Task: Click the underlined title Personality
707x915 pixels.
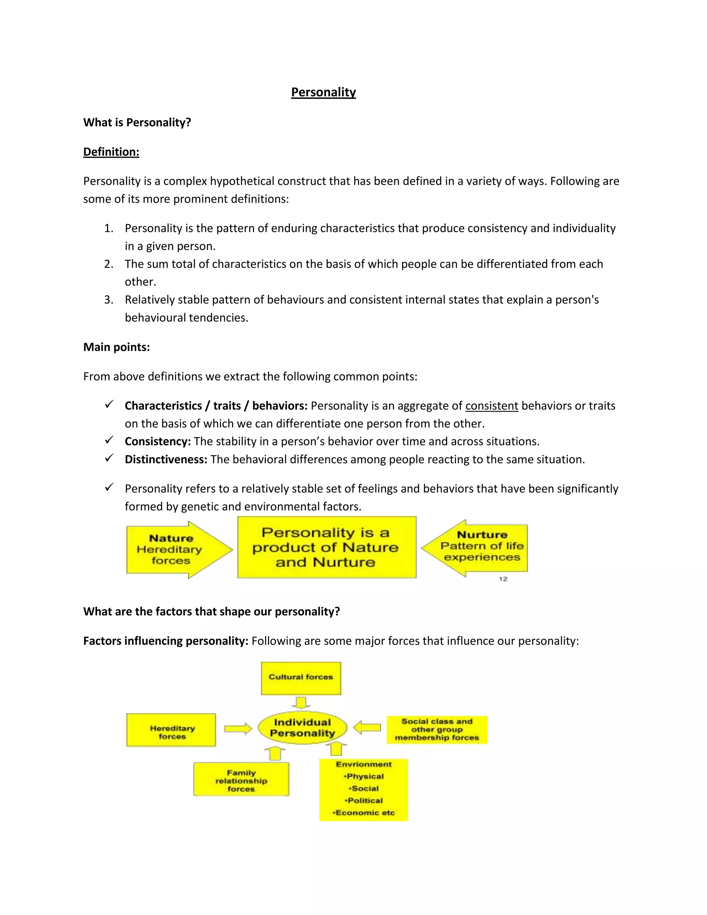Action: coord(323,92)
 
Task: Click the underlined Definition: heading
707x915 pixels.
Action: coord(111,152)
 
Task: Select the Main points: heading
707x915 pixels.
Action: coord(116,347)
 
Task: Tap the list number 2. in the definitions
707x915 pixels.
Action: coord(109,264)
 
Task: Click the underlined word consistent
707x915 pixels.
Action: coord(492,406)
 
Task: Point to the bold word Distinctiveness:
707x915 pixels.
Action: coord(166,459)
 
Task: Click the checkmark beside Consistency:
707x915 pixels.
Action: coord(109,440)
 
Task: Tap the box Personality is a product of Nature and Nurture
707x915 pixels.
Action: coord(327,547)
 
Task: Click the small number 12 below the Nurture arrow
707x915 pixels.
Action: coord(503,579)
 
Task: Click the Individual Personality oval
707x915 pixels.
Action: coord(302,728)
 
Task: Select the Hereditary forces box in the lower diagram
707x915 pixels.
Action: coord(171,730)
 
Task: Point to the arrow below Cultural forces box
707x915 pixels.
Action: coord(301,703)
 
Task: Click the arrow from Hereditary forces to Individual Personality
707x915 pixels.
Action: coord(238,729)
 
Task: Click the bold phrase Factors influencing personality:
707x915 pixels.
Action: coord(166,640)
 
